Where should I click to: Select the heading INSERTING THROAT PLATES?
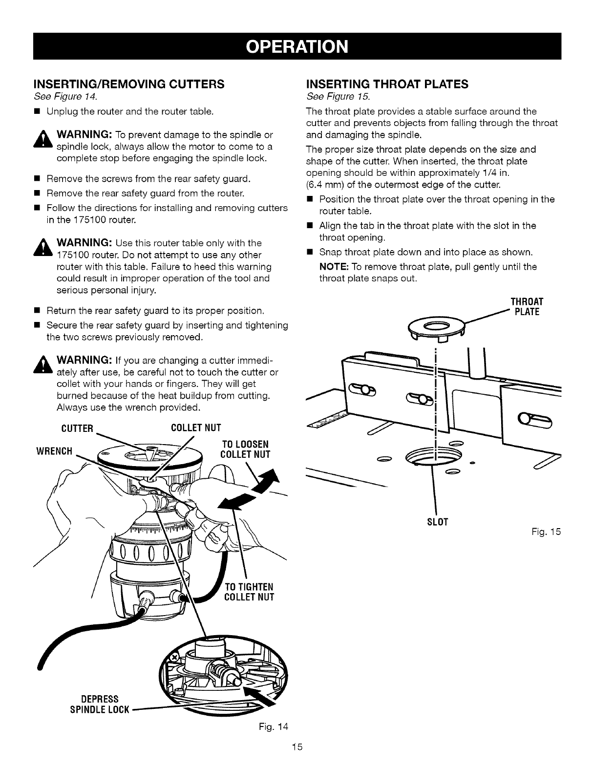pyautogui.click(x=386, y=84)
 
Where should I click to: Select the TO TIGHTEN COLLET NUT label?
pyautogui.click(x=249, y=592)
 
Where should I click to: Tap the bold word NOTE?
pyautogui.click(x=333, y=267)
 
